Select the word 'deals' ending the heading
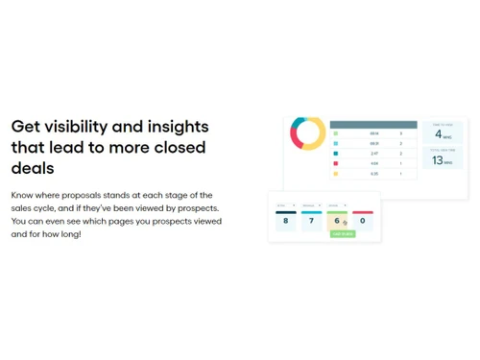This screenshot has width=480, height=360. tap(33, 168)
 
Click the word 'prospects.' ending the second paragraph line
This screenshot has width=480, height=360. tap(195, 207)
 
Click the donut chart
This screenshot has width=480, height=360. tap(308, 133)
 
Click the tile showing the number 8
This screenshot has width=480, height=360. tap(286, 220)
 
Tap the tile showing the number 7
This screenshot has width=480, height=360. tap(311, 220)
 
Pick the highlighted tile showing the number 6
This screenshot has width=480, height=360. tap(337, 221)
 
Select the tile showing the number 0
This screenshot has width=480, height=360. tap(362, 220)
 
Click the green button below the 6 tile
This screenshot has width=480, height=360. tap(343, 234)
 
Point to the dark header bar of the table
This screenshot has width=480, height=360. tap(373, 125)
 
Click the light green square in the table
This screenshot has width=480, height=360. tap(336, 133)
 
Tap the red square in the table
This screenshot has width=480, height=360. tap(336, 163)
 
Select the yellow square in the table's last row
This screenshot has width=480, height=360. tap(336, 174)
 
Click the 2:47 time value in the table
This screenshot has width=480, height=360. tap(374, 154)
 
